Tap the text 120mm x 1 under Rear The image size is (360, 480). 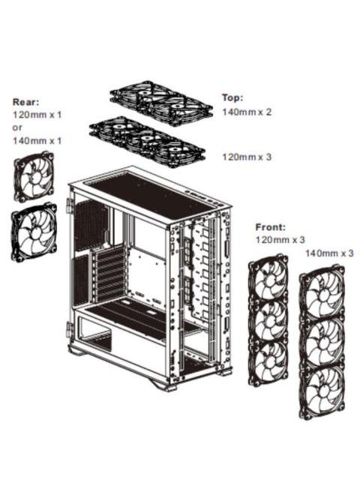pos(36,115)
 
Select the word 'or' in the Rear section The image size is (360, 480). pos(18,127)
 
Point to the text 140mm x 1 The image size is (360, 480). pos(36,140)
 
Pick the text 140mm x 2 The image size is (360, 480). pos(247,112)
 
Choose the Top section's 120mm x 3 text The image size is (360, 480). pos(247,157)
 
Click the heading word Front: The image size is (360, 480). pos(270,226)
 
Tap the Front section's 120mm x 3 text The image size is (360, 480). pos(280,239)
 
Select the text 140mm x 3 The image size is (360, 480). pos(329,253)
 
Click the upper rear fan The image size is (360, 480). pos(34,177)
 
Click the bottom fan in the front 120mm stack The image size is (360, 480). pos(269,364)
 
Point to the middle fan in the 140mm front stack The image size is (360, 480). pos(322,341)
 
